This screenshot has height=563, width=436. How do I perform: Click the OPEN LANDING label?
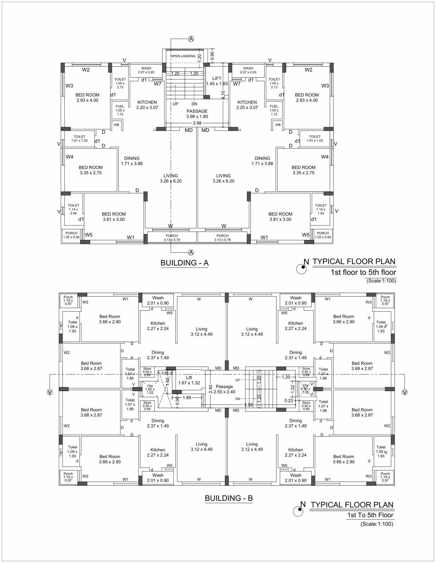click(x=183, y=56)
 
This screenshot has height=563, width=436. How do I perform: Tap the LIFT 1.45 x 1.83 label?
click(x=217, y=81)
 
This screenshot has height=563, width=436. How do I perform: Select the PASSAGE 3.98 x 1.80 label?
click(x=197, y=114)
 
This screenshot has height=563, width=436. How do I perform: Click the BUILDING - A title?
click(x=184, y=263)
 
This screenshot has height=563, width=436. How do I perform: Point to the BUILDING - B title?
click(x=229, y=498)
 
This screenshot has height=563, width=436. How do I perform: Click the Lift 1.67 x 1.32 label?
click(x=189, y=380)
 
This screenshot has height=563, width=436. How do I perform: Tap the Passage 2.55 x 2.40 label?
click(x=224, y=389)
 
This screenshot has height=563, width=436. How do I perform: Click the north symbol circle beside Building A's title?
click(x=302, y=269)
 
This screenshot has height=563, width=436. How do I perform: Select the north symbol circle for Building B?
click(x=298, y=512)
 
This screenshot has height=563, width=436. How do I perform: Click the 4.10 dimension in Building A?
click(x=223, y=95)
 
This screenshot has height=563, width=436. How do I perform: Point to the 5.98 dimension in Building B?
click(x=248, y=405)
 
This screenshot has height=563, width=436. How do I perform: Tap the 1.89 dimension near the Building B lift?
click(x=187, y=397)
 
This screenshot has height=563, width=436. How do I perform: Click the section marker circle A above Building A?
click(x=191, y=39)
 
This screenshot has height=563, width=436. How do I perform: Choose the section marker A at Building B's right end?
click(x=404, y=392)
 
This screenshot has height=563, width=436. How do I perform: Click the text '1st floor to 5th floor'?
click(x=363, y=272)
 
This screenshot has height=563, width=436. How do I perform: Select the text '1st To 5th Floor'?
click(x=370, y=515)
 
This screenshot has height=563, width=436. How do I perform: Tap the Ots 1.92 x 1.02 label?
click(x=150, y=389)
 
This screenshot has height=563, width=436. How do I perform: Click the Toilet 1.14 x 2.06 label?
click(x=73, y=209)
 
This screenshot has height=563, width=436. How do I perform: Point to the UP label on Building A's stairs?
click(x=175, y=104)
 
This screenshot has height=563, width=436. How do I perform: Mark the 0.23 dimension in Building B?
click(x=289, y=401)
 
